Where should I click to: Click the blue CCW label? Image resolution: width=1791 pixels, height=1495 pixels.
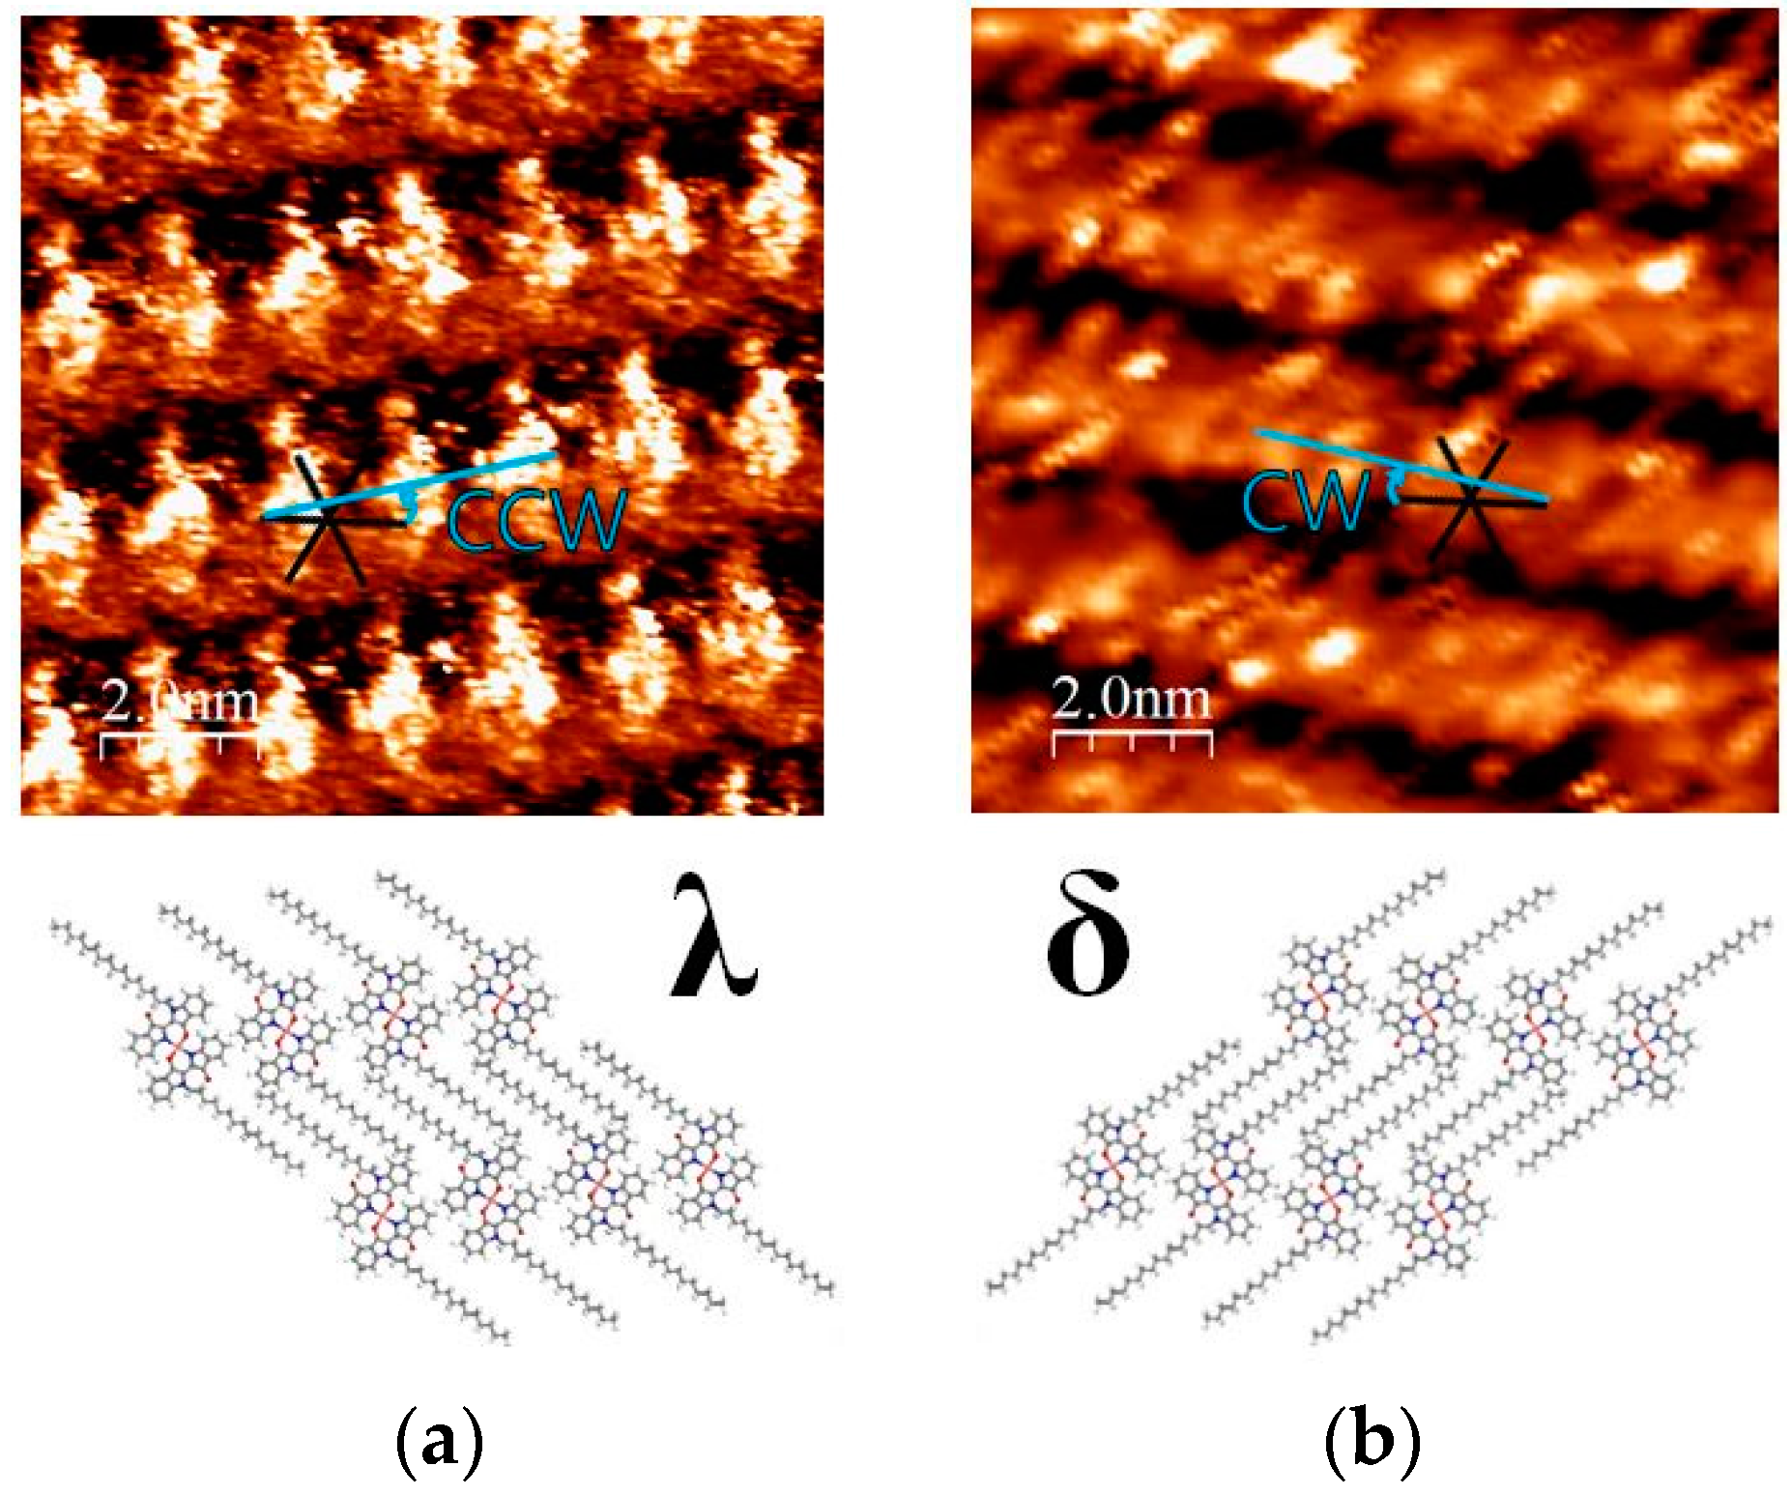click(534, 519)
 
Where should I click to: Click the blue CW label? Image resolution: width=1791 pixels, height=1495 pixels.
click(1304, 501)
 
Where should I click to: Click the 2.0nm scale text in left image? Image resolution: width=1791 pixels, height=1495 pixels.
click(181, 702)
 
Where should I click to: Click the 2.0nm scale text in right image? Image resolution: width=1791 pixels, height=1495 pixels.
click(1131, 698)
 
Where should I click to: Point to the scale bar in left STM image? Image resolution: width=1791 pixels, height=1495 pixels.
click(181, 742)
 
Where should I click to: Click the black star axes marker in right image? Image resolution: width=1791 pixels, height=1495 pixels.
click(1469, 499)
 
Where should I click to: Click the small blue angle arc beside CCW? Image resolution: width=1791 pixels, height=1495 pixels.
click(410, 505)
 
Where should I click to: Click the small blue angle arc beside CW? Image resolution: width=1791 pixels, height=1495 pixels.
click(1393, 486)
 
